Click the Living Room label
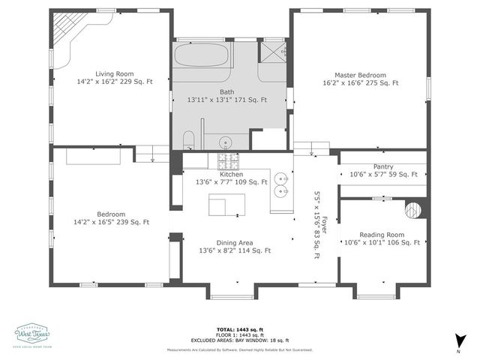[114, 73]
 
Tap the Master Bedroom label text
[360, 75]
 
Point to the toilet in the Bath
[189, 139]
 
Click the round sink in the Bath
[224, 141]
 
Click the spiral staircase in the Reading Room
[414, 208]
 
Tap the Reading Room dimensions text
[381, 242]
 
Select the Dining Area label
[234, 243]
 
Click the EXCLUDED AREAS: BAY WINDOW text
[240, 340]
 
